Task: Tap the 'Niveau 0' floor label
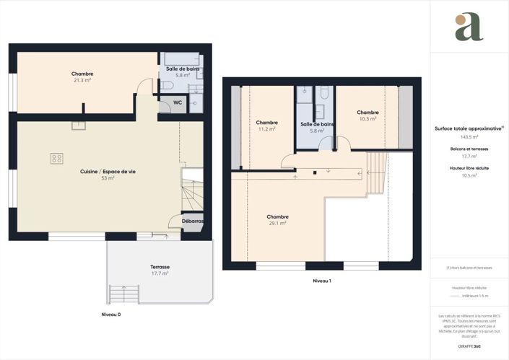coord(110,315)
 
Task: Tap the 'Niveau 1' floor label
coord(322,280)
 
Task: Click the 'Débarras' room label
coord(192,221)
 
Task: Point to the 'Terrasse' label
coord(160,266)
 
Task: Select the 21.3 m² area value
coord(82,80)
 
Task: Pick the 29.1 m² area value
coord(277,223)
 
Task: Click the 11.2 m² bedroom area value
coord(266,129)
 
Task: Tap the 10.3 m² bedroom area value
coord(367,118)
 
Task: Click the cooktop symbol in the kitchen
coord(56,158)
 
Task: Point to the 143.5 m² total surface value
coord(469,137)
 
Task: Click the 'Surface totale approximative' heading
coord(468,129)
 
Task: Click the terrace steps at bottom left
coord(123,294)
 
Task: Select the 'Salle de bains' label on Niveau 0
coord(183,69)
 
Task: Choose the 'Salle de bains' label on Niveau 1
coord(317,124)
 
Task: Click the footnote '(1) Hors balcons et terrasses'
coord(469,268)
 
